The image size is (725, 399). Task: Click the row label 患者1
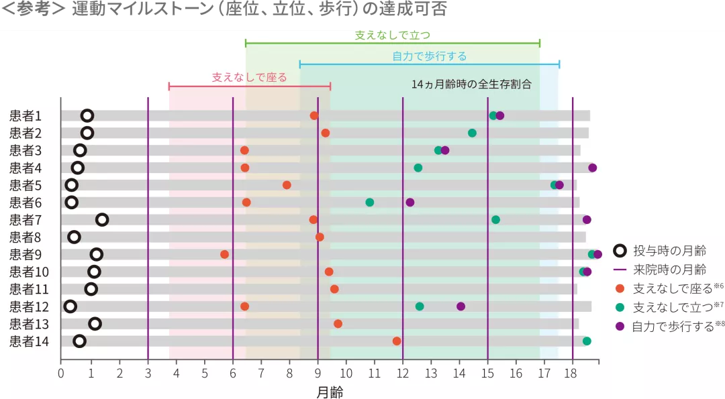tap(26, 115)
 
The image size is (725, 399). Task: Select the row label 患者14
tap(28, 341)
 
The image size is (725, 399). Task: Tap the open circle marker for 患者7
tap(102, 219)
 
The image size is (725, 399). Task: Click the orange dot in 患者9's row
tap(224, 254)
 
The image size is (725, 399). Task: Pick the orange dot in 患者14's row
tap(397, 341)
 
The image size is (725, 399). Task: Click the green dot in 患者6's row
tap(369, 203)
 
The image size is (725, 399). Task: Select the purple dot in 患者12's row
tap(461, 306)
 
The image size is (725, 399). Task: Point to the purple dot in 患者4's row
tap(592, 168)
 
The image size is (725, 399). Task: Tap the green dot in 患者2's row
tap(472, 133)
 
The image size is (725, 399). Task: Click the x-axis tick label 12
tap(402, 374)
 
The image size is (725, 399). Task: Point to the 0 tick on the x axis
tap(60, 374)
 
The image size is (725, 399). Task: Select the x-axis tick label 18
tap(572, 374)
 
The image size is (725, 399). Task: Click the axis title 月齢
tap(329, 392)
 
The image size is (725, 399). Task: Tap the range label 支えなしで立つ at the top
tap(392, 34)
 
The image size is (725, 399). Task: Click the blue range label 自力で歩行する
tap(429, 56)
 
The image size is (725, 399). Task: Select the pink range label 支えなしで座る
tap(249, 78)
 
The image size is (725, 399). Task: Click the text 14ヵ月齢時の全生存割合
tap(471, 84)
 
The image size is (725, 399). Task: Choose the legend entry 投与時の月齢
tap(669, 251)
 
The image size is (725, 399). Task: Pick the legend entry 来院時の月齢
tap(669, 270)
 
